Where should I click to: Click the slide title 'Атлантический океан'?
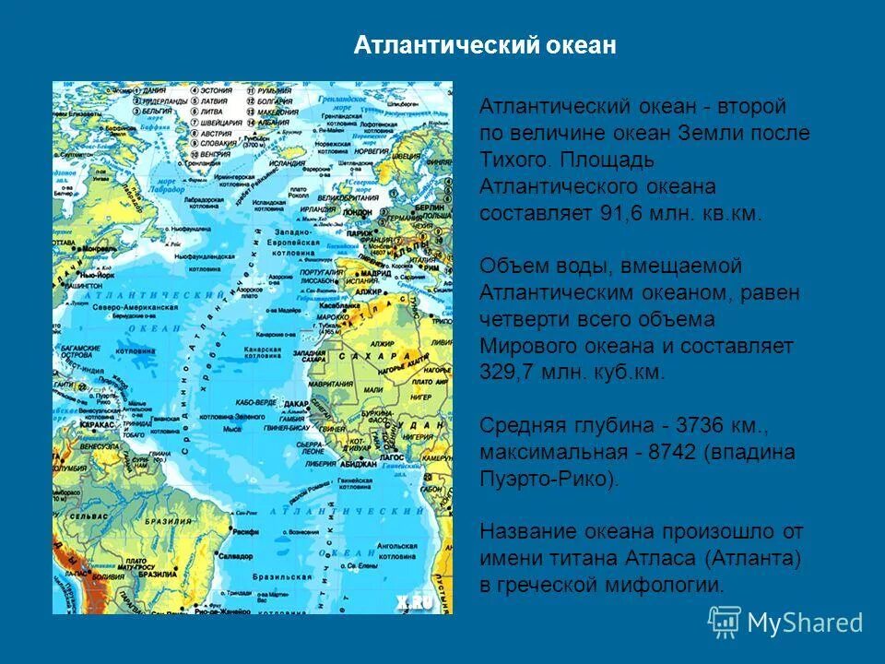pyautogui.click(x=485, y=46)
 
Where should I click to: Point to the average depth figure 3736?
pyautogui.click(x=704, y=426)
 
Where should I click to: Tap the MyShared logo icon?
pyautogui.click(x=724, y=622)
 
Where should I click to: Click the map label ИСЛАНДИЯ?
pyautogui.click(x=287, y=163)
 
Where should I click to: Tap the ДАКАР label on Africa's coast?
pyautogui.click(x=296, y=404)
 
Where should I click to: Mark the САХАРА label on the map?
pyautogui.click(x=367, y=356)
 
